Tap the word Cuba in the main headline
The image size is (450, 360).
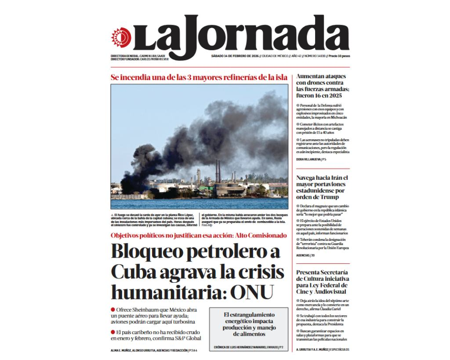pyautogui.click(x=134, y=271)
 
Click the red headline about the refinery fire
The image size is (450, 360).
pyautogui.click(x=199, y=77)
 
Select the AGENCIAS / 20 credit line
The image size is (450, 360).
pyautogui.click(x=305, y=255)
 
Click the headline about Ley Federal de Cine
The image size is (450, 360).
pyautogui.click(x=323, y=282)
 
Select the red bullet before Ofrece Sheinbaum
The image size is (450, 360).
pyautogui.click(x=113, y=309)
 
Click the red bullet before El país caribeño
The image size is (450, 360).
pyautogui.click(x=113, y=331)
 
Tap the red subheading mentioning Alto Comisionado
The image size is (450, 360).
pyautogui.click(x=199, y=235)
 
